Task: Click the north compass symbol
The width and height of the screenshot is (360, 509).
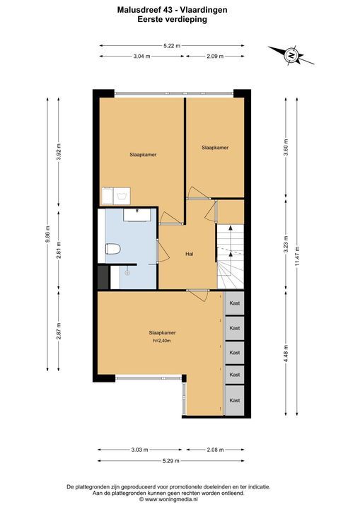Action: (x=291, y=56)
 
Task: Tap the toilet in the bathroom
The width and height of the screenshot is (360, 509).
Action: (x=113, y=249)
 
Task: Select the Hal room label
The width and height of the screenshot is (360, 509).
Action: (x=189, y=254)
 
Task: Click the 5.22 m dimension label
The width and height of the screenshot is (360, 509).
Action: (x=172, y=46)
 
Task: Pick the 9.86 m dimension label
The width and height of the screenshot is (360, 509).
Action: (x=47, y=234)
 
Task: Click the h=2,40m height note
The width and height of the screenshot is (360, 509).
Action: (x=161, y=341)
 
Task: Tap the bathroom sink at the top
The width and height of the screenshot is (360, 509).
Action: (x=137, y=215)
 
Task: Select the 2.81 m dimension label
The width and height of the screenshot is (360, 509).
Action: (x=59, y=250)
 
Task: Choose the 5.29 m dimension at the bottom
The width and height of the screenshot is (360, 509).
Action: (x=171, y=461)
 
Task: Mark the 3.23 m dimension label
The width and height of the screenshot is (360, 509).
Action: (x=286, y=244)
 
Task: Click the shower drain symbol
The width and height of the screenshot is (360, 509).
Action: (x=127, y=273)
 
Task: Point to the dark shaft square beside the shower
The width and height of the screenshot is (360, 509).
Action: (x=103, y=277)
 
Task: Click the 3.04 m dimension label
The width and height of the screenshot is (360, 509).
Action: (x=142, y=56)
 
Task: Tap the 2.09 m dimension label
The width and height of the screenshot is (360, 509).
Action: (x=215, y=56)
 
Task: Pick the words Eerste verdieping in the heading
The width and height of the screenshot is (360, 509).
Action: (x=172, y=20)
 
